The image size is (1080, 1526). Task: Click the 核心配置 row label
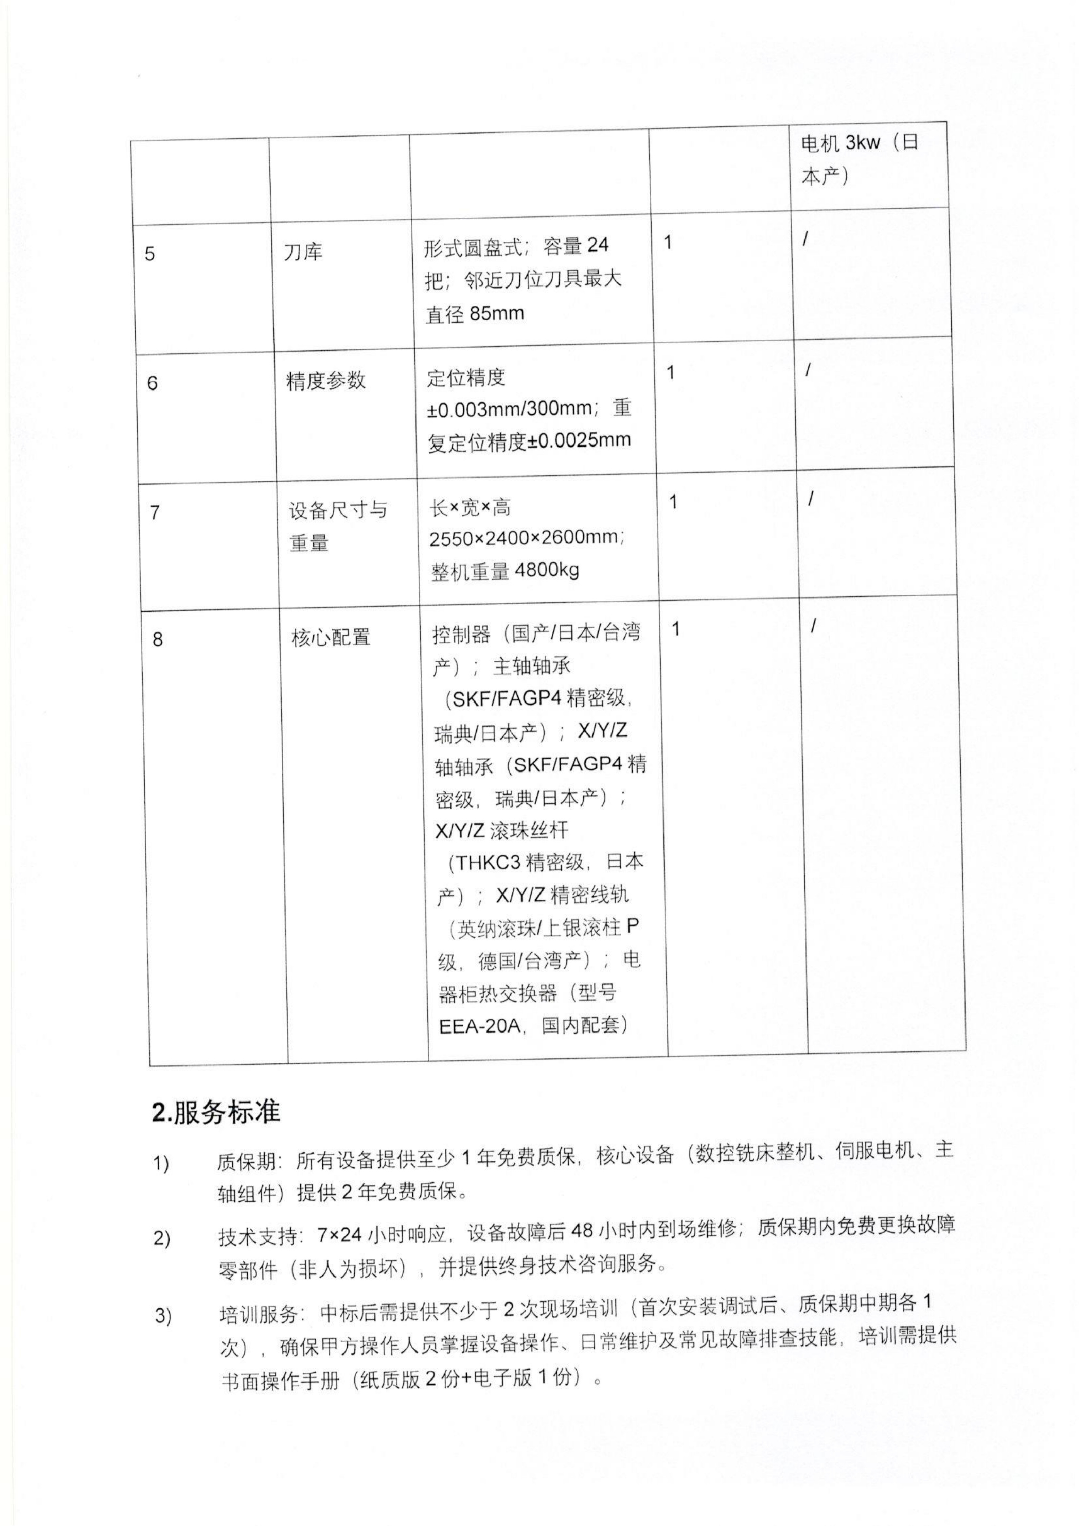331,637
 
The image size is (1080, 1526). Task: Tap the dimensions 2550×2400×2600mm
525,537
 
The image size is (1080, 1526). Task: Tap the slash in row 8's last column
813,625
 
